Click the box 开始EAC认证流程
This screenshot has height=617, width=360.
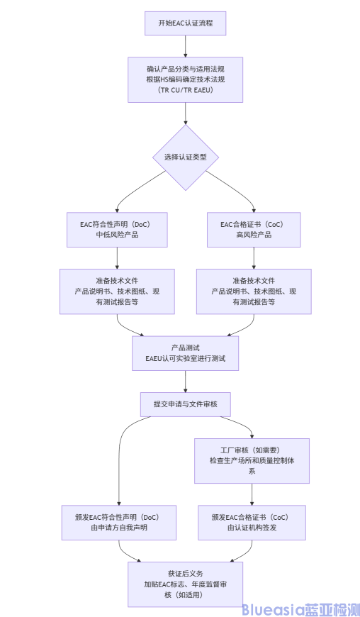(x=185, y=23)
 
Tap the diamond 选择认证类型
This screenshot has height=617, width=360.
(x=185, y=157)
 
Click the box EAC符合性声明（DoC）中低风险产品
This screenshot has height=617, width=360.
(x=117, y=229)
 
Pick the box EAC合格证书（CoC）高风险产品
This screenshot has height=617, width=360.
(x=254, y=229)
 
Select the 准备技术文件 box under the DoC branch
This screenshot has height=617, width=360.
(x=117, y=291)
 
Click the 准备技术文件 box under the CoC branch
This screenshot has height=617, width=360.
(x=254, y=291)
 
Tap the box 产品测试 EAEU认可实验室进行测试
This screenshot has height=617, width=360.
(x=185, y=352)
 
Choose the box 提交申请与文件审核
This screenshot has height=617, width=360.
(x=185, y=404)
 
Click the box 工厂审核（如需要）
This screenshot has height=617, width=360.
(x=252, y=460)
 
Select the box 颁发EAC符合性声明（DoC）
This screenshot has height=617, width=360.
(x=118, y=522)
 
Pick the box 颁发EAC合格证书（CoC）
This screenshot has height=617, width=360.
(x=252, y=522)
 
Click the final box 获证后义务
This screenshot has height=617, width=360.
(x=185, y=584)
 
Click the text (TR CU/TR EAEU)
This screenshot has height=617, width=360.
(x=185, y=91)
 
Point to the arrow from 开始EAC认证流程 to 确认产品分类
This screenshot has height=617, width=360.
(x=185, y=45)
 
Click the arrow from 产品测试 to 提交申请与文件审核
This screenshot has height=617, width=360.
(x=185, y=381)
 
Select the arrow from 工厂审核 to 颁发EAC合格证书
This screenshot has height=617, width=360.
(x=252, y=494)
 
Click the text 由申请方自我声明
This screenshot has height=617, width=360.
(x=118, y=528)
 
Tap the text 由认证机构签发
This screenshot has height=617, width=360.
(x=252, y=528)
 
